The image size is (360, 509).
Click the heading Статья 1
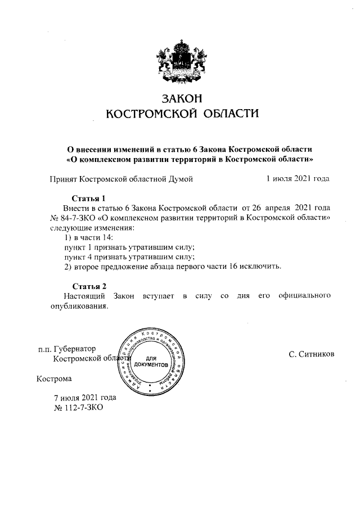[x=89, y=198]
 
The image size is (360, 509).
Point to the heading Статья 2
[x=89, y=286]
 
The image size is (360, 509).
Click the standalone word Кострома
[x=55, y=379]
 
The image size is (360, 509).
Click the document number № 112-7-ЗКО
[x=78, y=408]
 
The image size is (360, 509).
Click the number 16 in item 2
[x=234, y=266]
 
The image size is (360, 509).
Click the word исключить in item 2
[x=260, y=266]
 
